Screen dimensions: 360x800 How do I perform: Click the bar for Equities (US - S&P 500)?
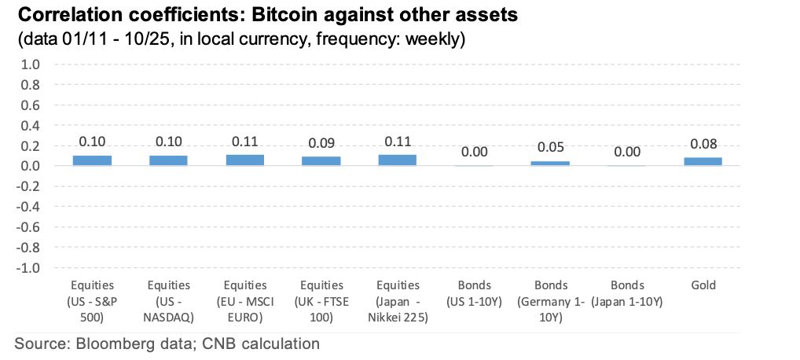point(93,160)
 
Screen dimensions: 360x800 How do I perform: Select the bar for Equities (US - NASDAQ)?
point(169,160)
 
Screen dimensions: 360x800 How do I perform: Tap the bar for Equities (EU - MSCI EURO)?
point(245,160)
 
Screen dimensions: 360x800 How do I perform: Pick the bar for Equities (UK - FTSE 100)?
point(321,161)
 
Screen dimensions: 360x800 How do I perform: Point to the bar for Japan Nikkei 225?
point(398,160)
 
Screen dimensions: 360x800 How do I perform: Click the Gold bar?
point(703,161)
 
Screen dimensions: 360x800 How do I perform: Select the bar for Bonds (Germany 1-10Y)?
point(550,163)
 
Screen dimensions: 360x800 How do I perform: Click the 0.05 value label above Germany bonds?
point(550,148)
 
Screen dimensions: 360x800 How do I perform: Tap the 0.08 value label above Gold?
point(703,145)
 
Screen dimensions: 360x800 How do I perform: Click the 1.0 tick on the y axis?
point(29,64)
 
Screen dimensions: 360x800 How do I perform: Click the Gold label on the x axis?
point(703,285)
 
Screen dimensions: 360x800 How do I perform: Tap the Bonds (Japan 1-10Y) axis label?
point(626,292)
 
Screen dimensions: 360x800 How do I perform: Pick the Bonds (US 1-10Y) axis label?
point(474,292)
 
